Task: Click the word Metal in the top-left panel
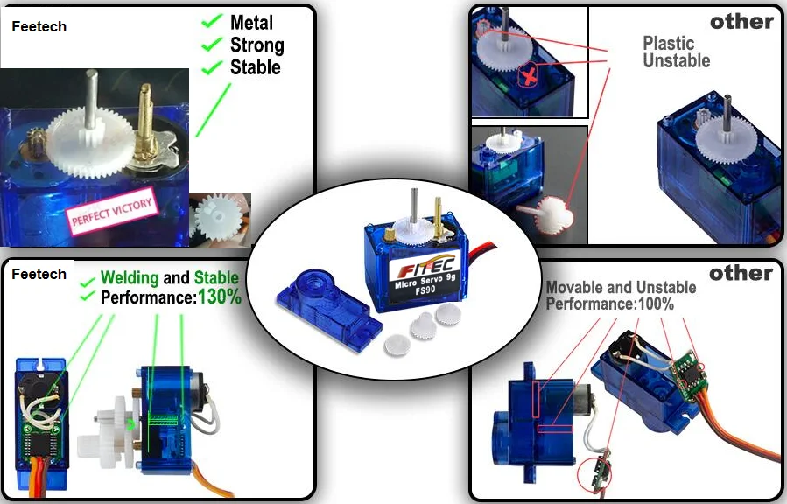[251, 23]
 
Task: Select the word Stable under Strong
[256, 67]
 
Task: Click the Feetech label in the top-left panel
[39, 27]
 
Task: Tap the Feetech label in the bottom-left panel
[39, 274]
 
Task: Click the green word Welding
[130, 278]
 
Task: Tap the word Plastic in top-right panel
[668, 43]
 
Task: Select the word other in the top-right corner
[741, 22]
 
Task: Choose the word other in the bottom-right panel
[741, 274]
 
